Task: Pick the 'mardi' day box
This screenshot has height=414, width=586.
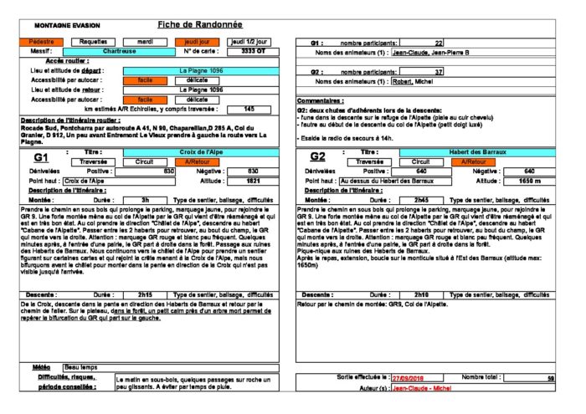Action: coord(145,41)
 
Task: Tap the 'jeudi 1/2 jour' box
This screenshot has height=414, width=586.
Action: coord(249,41)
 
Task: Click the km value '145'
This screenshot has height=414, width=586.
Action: coord(249,109)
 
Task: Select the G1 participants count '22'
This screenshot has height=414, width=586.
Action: coord(439,43)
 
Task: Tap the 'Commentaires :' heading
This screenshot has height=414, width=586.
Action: coord(324,101)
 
